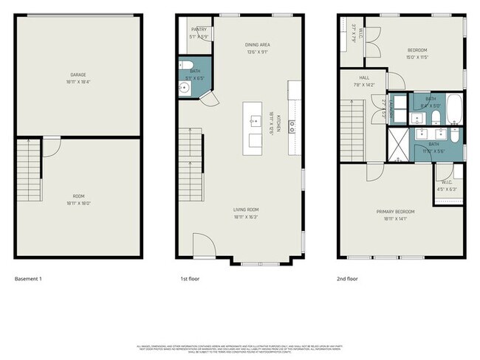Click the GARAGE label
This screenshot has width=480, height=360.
pyautogui.click(x=78, y=75)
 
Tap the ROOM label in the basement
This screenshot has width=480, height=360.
pyautogui.click(x=78, y=197)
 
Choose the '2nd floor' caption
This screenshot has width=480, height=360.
pyautogui.click(x=347, y=279)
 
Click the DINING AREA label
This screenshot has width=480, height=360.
pyautogui.click(x=256, y=45)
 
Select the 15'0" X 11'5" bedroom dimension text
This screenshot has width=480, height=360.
pyautogui.click(x=417, y=57)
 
